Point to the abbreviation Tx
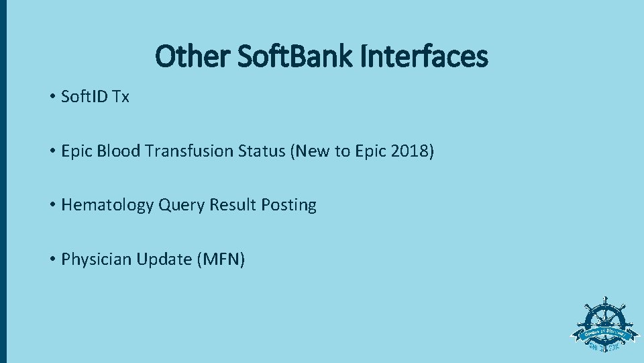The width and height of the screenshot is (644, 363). [x=121, y=97]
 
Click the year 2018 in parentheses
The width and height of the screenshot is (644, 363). [x=410, y=151]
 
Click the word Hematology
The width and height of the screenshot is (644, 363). [x=107, y=205]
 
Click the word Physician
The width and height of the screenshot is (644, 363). [x=96, y=259]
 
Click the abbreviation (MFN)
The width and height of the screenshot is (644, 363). [x=221, y=259]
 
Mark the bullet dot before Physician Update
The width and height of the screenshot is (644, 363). [x=52, y=259]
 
